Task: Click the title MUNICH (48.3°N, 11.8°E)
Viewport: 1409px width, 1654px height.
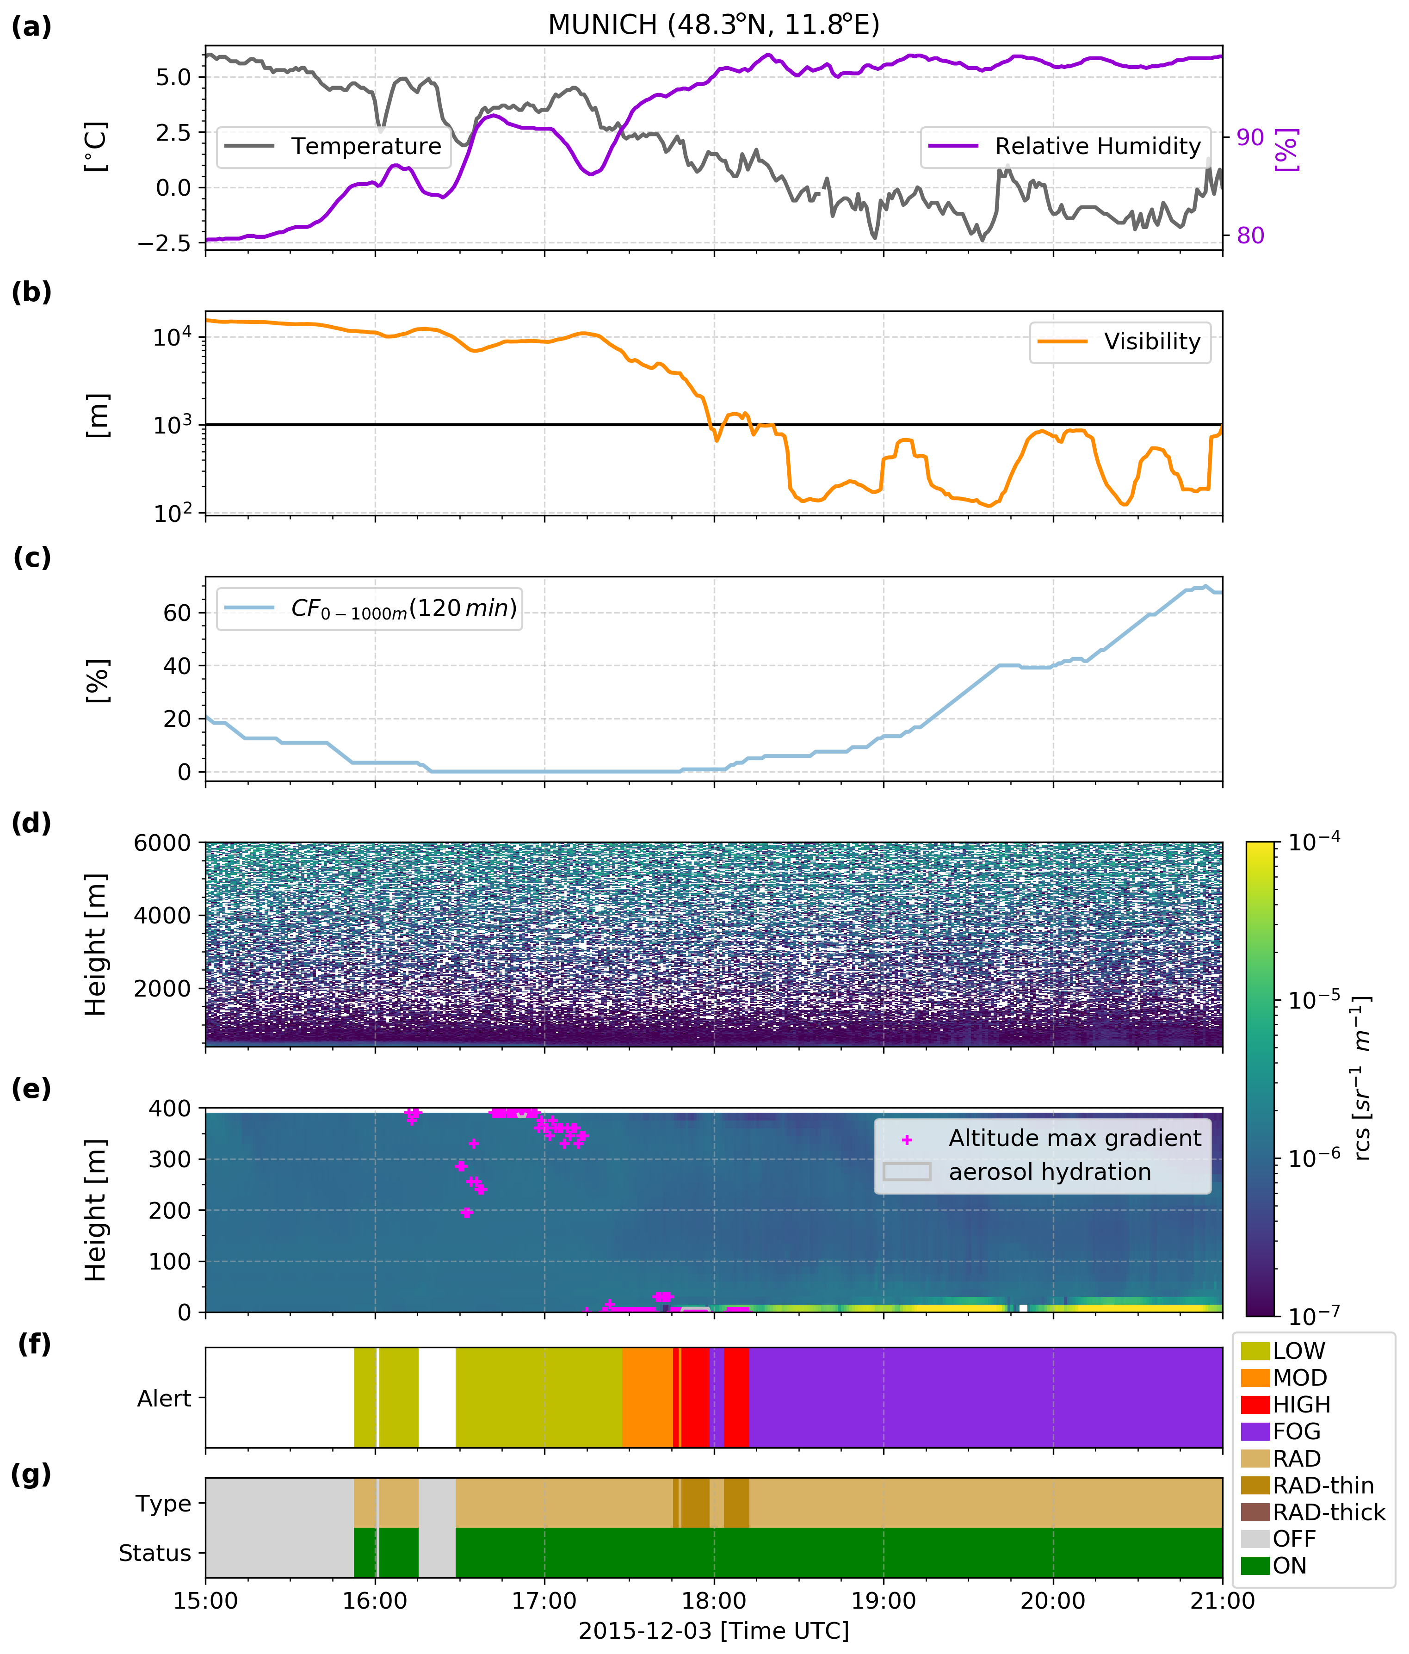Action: [713, 25]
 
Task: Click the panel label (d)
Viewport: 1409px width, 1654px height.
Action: [31, 823]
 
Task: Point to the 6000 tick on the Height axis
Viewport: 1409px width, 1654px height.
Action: [162, 843]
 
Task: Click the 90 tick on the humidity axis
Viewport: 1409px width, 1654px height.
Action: [1250, 137]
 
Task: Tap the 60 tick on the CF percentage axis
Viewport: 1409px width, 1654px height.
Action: [177, 613]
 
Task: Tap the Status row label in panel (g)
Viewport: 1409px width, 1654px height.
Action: [155, 1553]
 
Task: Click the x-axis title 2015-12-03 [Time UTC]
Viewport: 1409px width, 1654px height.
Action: [714, 1630]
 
